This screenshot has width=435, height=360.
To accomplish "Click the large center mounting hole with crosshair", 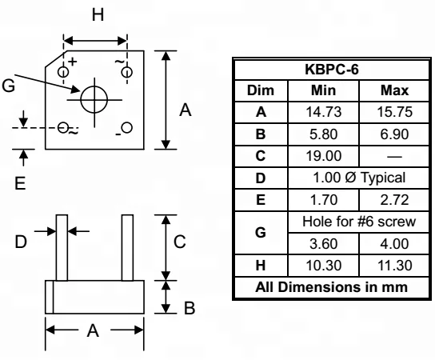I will point(94,97).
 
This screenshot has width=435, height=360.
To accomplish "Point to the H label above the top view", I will point(96,16).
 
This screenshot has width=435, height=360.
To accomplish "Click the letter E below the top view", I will point(22,182).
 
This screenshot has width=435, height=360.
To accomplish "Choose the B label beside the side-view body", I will point(189,308).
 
